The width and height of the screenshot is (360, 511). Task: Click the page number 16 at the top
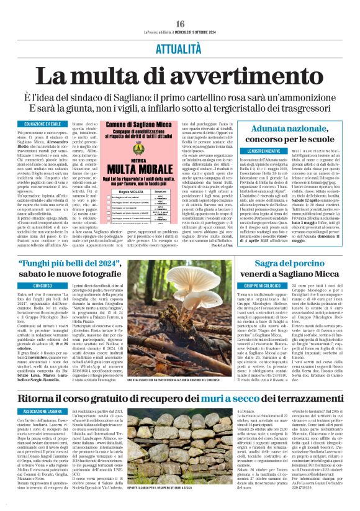(179, 23)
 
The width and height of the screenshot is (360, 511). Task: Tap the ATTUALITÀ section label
(180, 48)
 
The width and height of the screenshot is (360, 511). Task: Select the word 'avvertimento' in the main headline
(254, 76)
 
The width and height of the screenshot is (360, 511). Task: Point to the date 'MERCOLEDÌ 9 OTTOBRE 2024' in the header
(194, 32)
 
